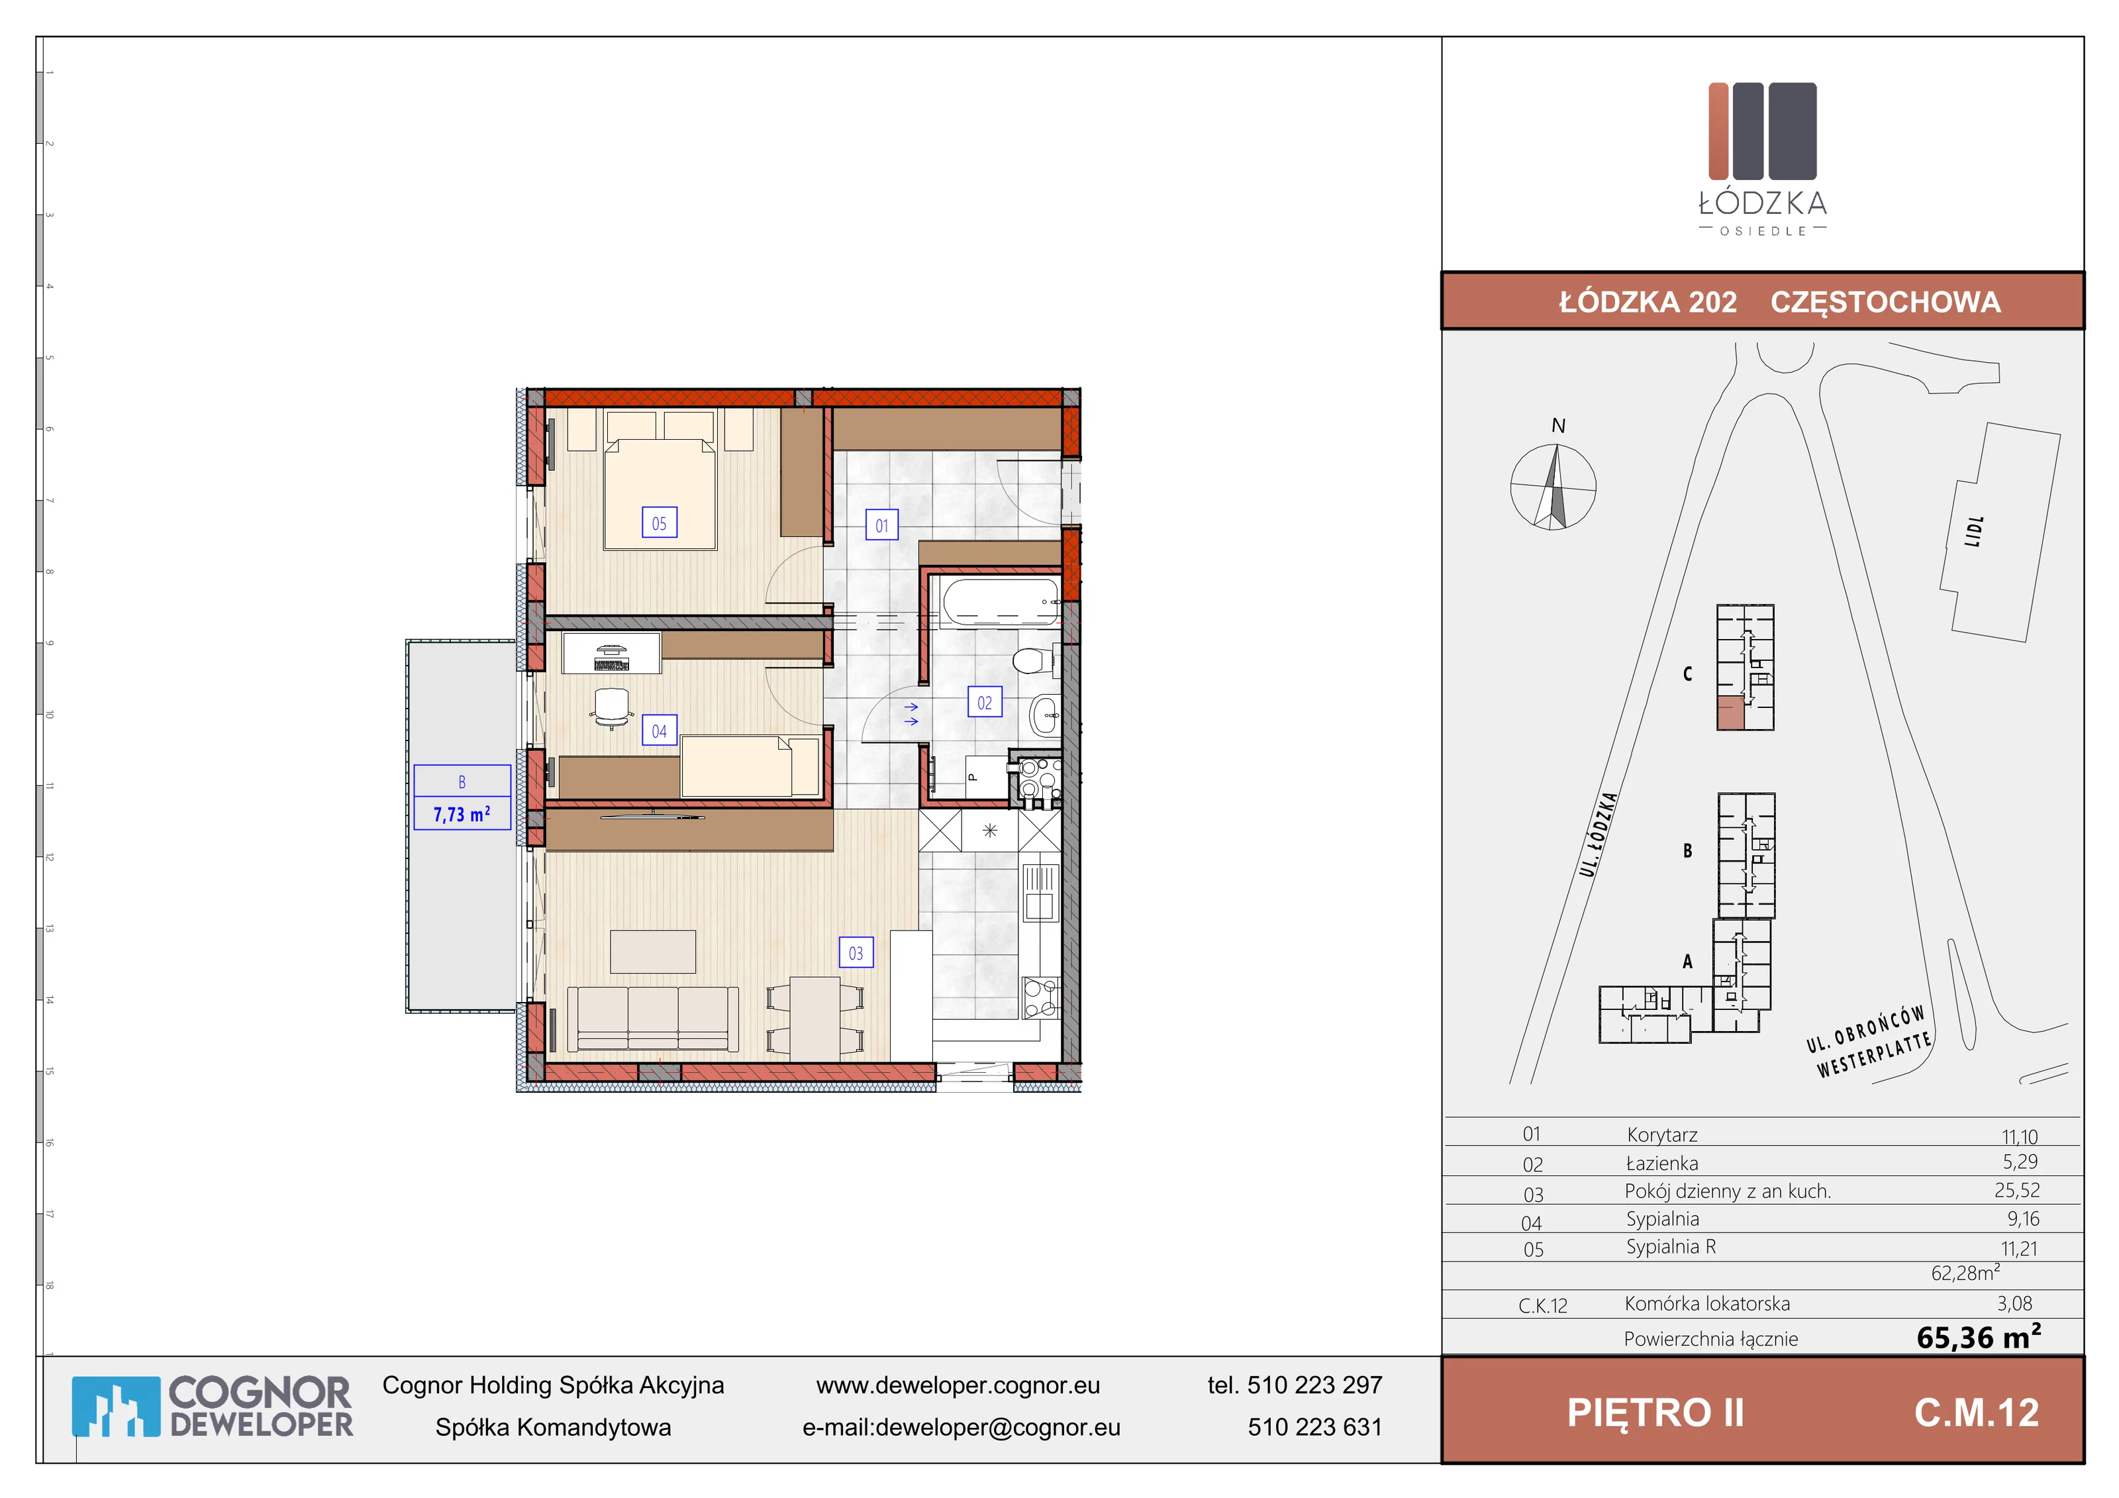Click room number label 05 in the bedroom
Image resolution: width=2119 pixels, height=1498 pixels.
click(659, 523)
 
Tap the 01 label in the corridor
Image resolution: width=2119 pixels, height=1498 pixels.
click(881, 525)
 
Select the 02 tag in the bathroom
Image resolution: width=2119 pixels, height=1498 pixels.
click(985, 703)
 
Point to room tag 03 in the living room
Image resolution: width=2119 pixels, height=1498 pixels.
click(856, 952)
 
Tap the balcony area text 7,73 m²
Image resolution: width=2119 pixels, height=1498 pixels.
click(462, 814)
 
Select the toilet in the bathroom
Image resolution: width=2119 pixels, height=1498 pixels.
click(1032, 661)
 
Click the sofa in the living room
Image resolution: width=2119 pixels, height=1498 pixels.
click(652, 1018)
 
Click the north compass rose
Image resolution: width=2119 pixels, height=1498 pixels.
click(1553, 486)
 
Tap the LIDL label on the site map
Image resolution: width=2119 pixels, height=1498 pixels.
click(1973, 532)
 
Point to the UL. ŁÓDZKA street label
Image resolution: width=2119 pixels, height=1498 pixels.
click(1599, 834)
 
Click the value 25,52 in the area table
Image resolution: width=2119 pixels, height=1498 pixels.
click(2016, 1191)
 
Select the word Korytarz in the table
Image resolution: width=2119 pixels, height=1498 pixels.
click(1662, 1134)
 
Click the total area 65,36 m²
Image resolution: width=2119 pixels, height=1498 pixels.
click(1979, 1336)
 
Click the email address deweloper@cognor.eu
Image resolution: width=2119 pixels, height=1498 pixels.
click(998, 1427)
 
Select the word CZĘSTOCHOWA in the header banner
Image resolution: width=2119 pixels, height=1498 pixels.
click(1885, 302)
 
